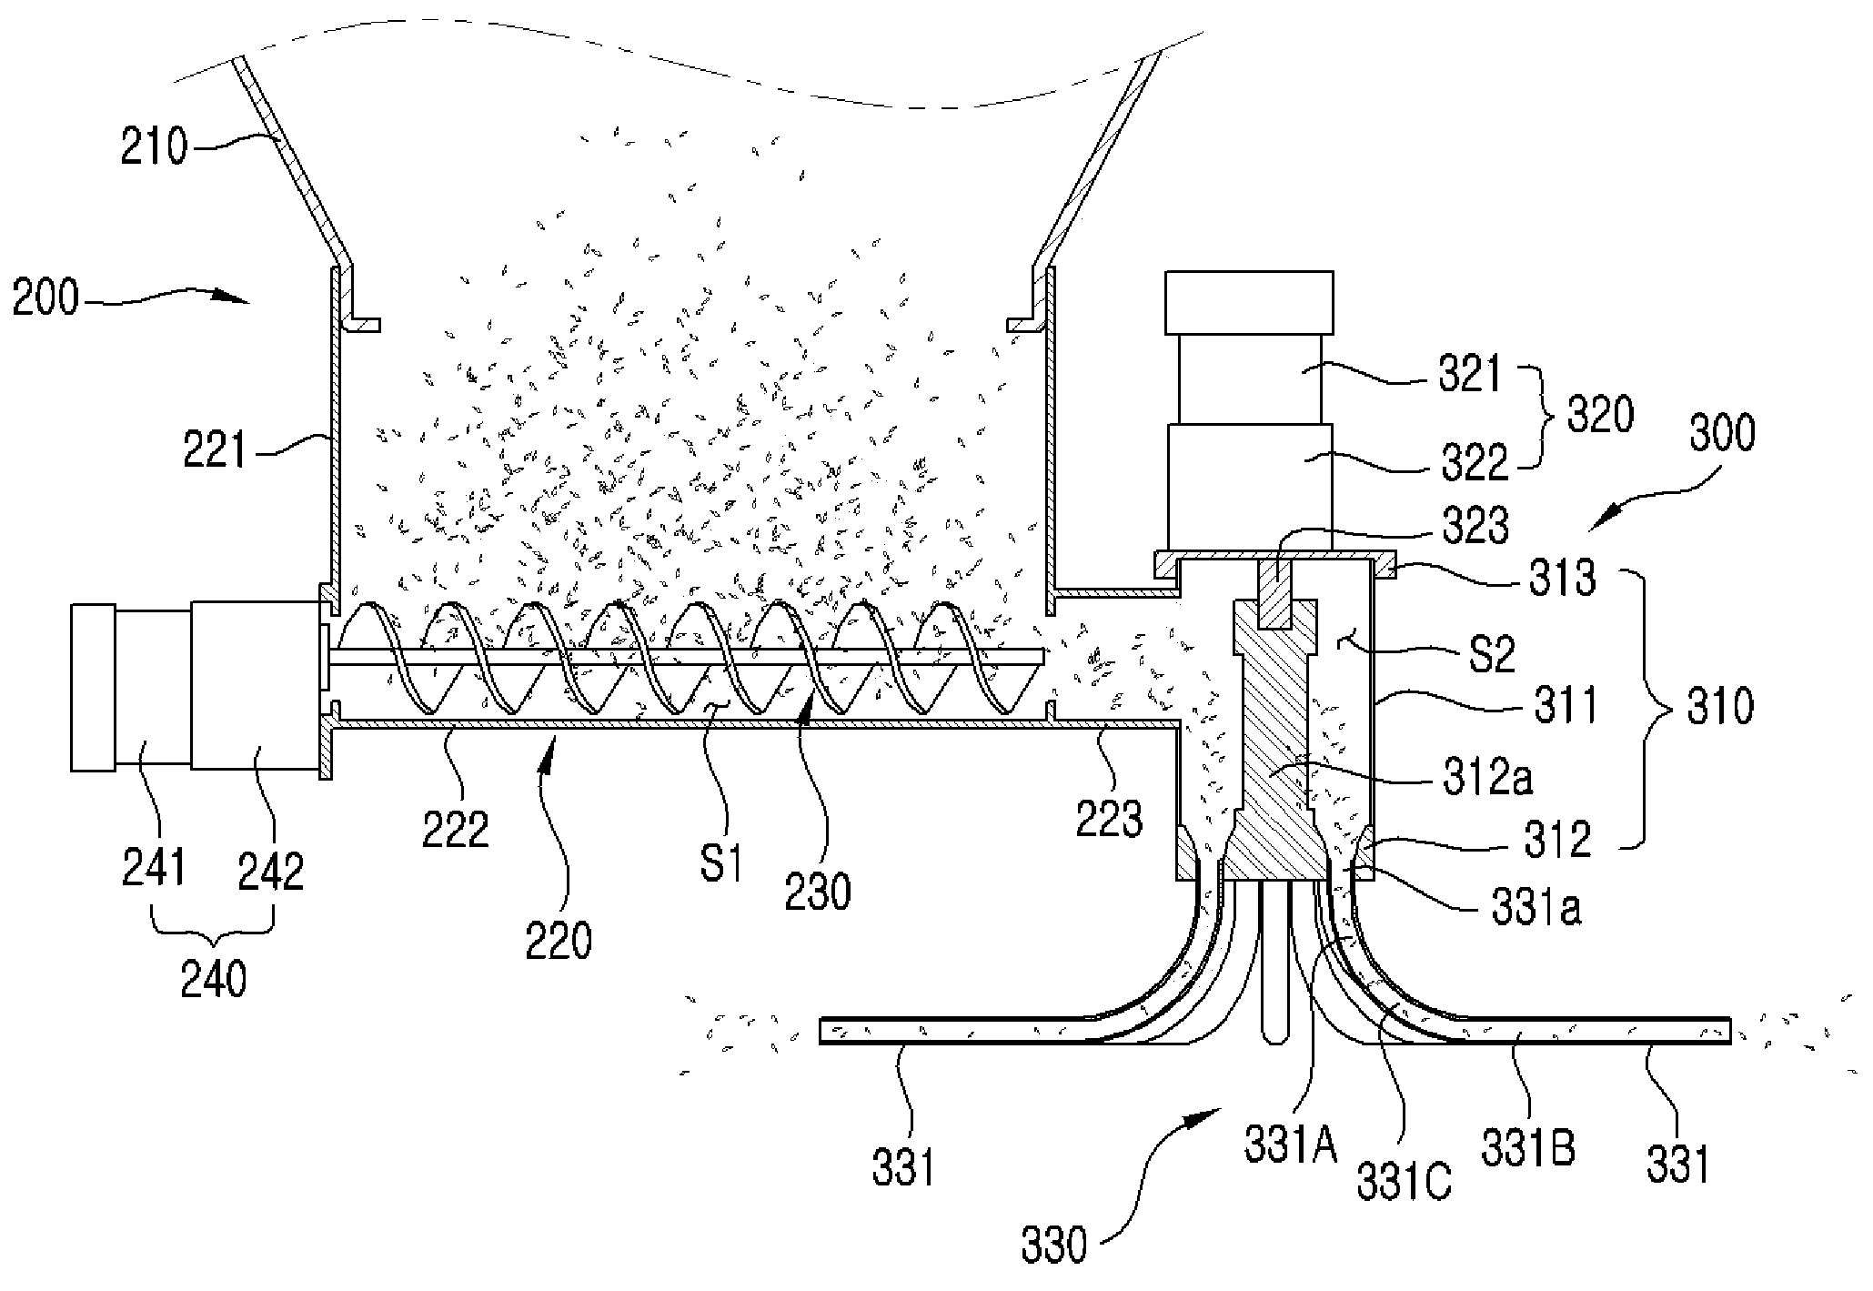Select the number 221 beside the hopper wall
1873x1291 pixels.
pos(215,449)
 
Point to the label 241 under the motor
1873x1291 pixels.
pos(154,866)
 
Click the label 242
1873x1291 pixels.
pos(270,870)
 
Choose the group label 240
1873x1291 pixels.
pos(214,981)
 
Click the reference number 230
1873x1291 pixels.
pos(819,891)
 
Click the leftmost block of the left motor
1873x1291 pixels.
pos(93,689)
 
